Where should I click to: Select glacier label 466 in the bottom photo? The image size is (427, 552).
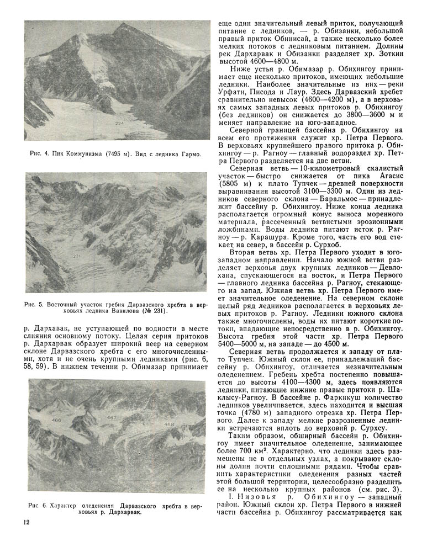[x=56, y=420]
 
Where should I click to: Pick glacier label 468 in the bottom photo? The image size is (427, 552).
[x=169, y=424]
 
